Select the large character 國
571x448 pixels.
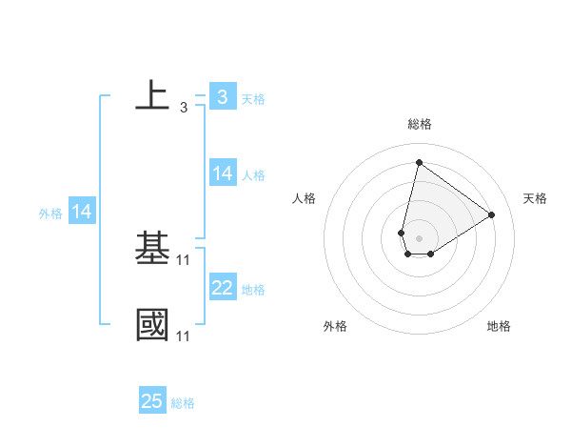(152, 323)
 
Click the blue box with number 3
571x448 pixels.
(222, 96)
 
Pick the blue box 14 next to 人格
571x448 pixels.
(222, 173)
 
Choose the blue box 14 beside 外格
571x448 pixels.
(82, 212)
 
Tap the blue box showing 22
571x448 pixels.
(222, 288)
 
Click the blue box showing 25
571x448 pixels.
(151, 401)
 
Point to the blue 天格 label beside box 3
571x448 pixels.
(253, 98)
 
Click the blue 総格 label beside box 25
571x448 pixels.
(183, 403)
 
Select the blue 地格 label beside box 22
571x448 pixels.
(253, 290)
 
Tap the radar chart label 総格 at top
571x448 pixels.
(419, 124)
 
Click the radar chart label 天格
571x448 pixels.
(535, 198)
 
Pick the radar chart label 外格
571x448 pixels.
(335, 326)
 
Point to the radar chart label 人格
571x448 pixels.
(305, 198)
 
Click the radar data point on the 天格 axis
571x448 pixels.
(491, 214)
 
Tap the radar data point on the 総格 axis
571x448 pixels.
(419, 161)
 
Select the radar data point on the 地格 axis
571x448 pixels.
(431, 254)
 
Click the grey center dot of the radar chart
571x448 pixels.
(419, 236)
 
